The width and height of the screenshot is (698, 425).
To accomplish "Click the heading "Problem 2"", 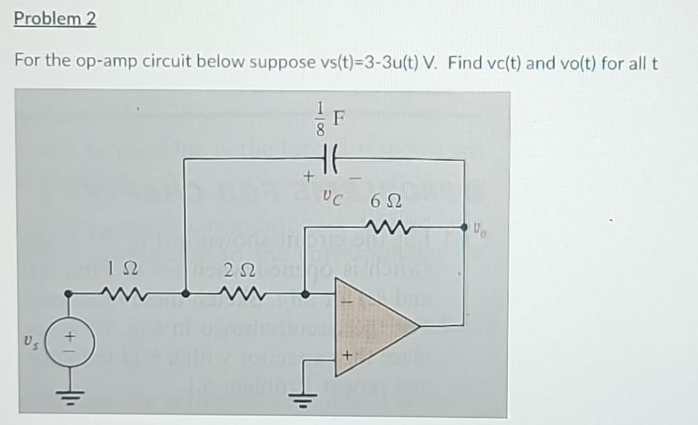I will [x=55, y=19].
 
